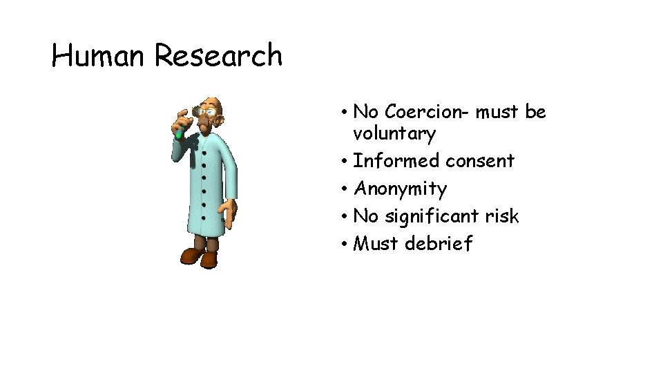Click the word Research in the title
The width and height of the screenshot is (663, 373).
[x=218, y=55]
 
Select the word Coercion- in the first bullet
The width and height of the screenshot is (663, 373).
[x=427, y=111]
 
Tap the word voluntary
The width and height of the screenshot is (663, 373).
[x=394, y=133]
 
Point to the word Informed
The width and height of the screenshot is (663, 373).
[x=396, y=161]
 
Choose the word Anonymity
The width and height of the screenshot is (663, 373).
[x=400, y=189]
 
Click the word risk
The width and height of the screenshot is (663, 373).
[x=501, y=216]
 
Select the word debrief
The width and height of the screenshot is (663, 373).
[x=439, y=244]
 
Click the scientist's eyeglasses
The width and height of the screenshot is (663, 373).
[x=204, y=111]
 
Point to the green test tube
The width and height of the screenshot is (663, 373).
[x=179, y=131]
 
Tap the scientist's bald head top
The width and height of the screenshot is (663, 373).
[x=216, y=102]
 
